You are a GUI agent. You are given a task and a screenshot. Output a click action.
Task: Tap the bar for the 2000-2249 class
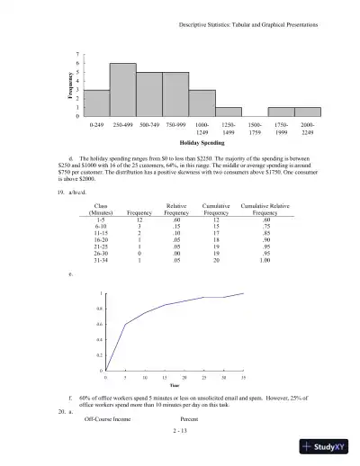click(307, 112)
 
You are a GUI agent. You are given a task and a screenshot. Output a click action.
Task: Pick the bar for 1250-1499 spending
click(228, 112)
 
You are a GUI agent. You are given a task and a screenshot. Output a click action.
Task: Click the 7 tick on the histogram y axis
click(77, 54)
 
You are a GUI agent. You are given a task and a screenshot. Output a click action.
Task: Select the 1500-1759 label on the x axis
click(255, 128)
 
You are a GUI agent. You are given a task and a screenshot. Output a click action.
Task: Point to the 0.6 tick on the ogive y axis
click(98, 324)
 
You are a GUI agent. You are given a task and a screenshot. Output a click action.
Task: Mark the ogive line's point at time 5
click(124, 324)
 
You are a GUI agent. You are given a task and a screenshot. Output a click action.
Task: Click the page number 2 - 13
click(179, 431)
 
